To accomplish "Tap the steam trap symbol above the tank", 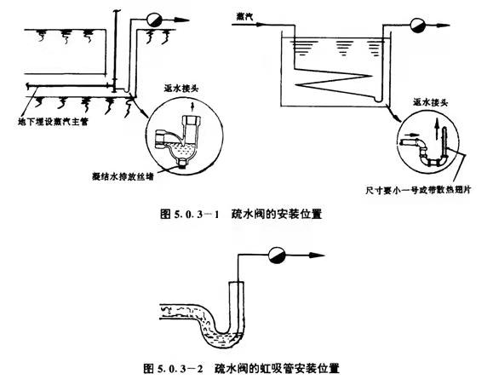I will (418, 23).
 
